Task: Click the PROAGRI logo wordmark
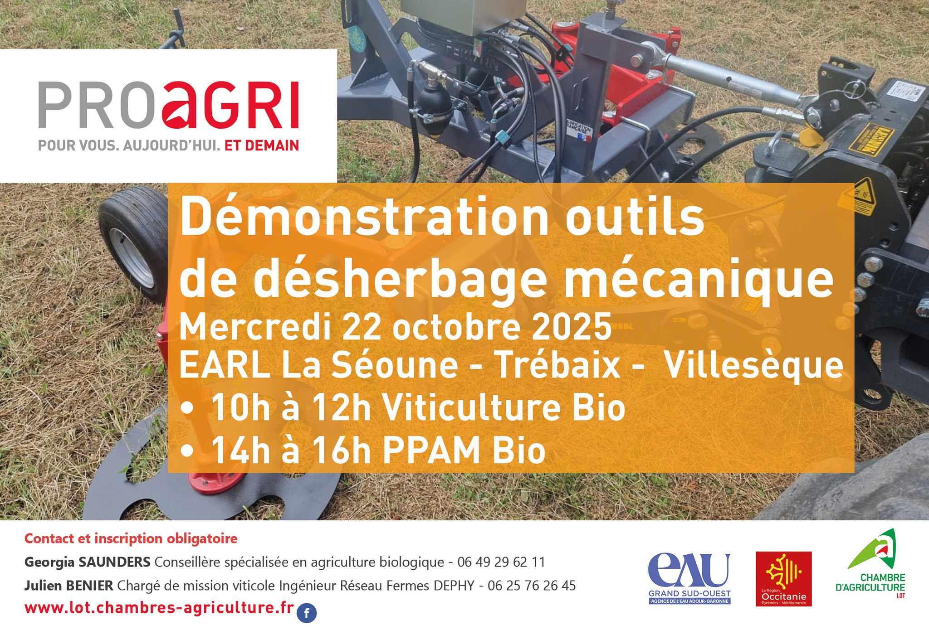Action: pos(168,105)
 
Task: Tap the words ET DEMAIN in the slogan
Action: pos(262,145)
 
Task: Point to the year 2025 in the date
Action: pos(572,327)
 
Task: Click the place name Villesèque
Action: pos(753,365)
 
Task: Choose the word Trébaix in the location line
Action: pos(557,365)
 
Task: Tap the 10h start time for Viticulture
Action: pos(240,407)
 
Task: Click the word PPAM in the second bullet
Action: pos(431,451)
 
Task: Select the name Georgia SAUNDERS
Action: pos(87,562)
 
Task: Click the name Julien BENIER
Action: pos(68,586)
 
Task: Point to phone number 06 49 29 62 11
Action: pos(501,562)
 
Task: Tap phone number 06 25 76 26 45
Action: pos(532,586)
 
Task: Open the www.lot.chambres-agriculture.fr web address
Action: pos(159,608)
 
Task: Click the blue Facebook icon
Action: pos(307,614)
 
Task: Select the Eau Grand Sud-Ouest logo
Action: pos(689,578)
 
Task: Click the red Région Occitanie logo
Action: pos(783,578)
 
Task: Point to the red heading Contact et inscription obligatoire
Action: pos(131,538)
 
